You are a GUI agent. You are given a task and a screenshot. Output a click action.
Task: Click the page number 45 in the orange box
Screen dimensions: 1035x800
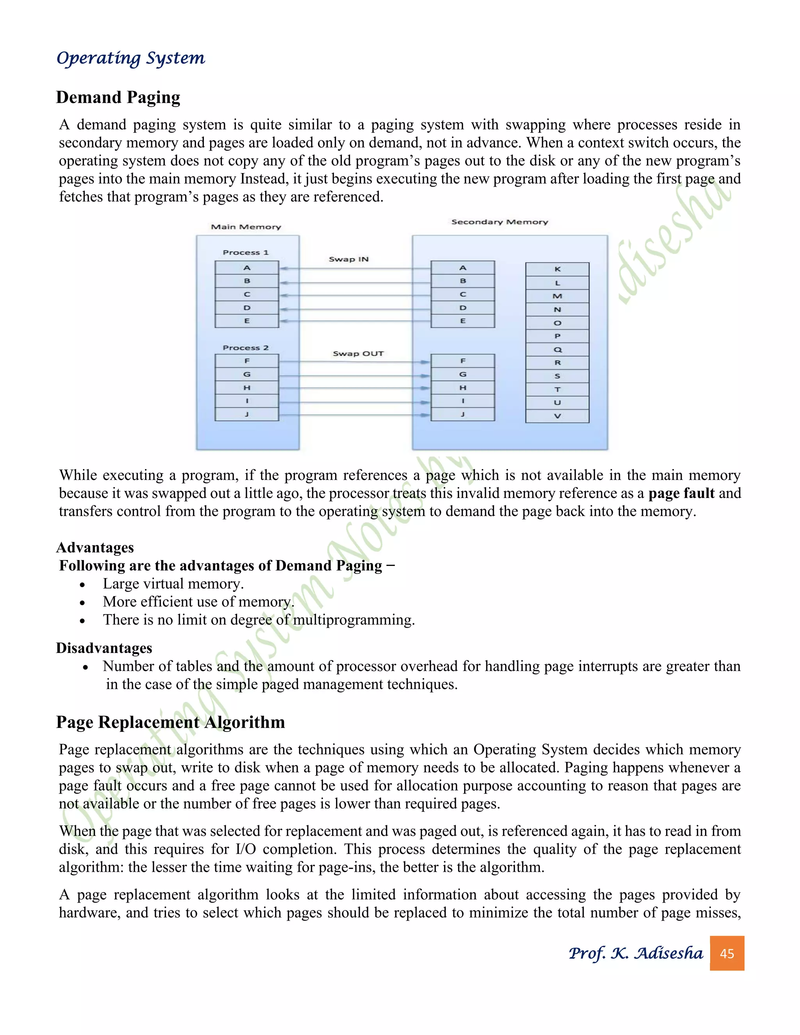click(x=727, y=953)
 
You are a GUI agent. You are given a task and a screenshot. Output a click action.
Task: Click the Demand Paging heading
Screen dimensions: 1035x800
click(x=118, y=97)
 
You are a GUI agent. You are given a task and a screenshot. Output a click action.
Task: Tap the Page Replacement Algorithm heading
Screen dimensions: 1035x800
click(x=170, y=722)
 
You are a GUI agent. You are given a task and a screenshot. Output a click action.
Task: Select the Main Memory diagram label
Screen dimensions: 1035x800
click(x=246, y=227)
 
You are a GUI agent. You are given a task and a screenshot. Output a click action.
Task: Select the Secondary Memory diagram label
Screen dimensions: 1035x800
click(x=500, y=222)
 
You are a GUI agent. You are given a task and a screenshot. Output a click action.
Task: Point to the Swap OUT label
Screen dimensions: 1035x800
click(x=358, y=353)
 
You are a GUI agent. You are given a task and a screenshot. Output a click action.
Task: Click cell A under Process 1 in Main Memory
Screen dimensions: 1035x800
click(x=247, y=268)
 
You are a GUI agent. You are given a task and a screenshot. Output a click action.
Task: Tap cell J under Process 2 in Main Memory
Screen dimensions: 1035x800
click(x=247, y=414)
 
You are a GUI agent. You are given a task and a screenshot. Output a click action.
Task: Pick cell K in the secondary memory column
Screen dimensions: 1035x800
click(x=557, y=269)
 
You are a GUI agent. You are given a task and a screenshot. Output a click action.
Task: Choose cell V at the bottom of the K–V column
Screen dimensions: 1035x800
click(x=557, y=416)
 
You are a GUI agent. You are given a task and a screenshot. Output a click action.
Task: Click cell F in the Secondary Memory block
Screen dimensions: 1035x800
click(x=462, y=361)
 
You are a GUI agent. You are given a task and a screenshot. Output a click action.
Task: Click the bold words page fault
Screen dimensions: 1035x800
click(x=681, y=493)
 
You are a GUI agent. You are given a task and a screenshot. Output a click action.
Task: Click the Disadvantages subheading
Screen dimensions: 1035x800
click(x=104, y=648)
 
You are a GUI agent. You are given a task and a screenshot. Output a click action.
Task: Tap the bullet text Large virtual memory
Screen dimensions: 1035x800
click(x=173, y=584)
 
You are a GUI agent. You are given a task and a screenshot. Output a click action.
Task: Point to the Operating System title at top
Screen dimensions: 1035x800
click(x=130, y=58)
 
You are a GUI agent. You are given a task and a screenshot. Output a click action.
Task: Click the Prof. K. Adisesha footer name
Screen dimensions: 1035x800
click(x=636, y=953)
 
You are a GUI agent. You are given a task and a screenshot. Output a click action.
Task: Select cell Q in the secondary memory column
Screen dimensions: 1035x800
click(x=557, y=349)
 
